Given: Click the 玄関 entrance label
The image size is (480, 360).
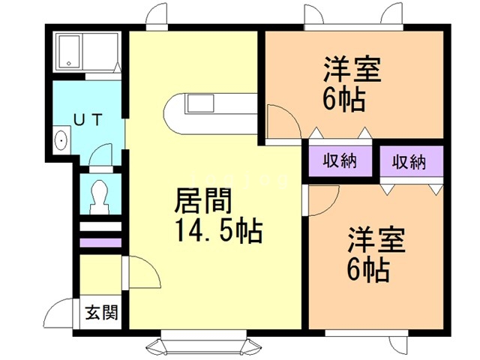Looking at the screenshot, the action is point(102,313).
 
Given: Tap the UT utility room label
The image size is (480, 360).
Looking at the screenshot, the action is point(88,120).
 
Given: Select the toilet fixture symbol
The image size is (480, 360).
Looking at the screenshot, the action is point(100,196).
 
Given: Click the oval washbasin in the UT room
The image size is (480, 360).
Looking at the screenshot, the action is point(61,140).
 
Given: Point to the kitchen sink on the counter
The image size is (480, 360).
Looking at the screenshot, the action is point(200,103).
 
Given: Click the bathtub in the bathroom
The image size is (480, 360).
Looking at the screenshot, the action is point(70,52).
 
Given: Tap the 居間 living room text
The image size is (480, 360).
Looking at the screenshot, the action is point(202,201).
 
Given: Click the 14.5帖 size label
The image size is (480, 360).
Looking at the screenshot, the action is point(218,230).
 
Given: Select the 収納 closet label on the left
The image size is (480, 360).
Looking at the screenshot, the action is point(340,160).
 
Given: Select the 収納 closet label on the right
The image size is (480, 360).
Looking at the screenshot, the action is point(409,162).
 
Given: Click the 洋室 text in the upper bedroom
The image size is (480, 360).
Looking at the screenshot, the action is point(352,69).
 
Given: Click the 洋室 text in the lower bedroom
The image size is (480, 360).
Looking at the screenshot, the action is point(376,240).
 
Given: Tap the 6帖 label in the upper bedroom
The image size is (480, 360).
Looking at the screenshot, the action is point(344,99).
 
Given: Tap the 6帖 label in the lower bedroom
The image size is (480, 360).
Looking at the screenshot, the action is point(368,270).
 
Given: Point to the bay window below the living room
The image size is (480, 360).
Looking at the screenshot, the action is point(203,342).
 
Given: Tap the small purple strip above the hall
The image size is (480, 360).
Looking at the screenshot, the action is point(100,243).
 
